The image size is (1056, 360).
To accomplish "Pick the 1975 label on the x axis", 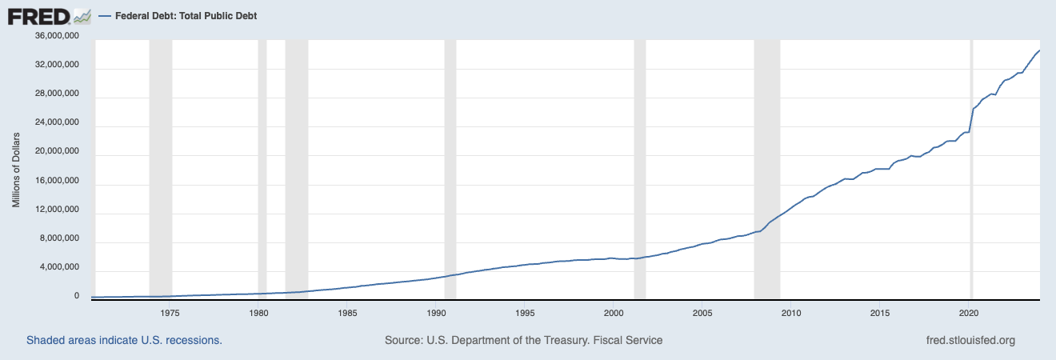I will tap(170, 312).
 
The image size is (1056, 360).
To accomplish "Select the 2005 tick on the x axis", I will tap(702, 312).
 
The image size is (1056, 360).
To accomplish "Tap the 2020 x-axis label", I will tap(969, 312).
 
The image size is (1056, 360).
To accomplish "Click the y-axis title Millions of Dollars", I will tap(16, 166).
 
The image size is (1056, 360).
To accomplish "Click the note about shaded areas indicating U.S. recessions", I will tap(124, 341).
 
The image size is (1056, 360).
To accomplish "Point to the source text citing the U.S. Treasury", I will tap(523, 341).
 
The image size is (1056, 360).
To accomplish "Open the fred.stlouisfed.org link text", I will tap(970, 341).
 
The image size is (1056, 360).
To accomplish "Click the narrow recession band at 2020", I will tap(971, 168).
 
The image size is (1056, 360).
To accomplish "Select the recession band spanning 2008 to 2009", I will tap(766, 168).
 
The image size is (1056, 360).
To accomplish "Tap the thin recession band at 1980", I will tap(262, 168).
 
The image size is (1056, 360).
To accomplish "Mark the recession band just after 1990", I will tap(450, 168).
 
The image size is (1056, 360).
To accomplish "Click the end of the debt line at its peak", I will tap(1038, 51).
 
